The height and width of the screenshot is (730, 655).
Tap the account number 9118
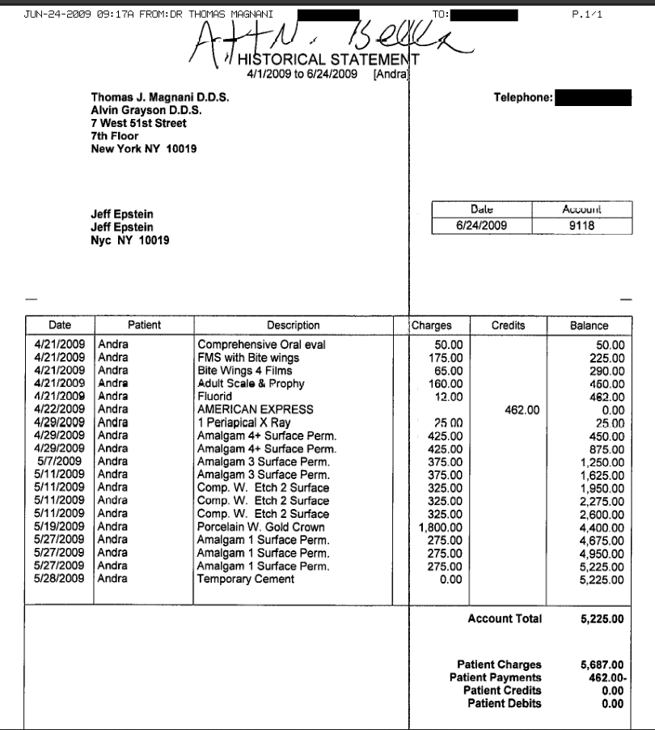click(x=581, y=226)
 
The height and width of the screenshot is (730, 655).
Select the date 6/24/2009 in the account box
click(x=481, y=226)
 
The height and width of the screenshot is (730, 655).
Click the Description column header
click(x=294, y=325)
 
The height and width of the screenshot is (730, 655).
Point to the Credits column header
click(x=508, y=325)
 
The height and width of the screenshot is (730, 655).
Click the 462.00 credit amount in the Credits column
click(x=522, y=410)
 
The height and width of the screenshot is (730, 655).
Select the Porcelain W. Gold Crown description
click(x=261, y=527)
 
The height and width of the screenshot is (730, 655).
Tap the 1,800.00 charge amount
click(x=443, y=527)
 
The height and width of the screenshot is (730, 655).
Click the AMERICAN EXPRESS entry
click(x=255, y=410)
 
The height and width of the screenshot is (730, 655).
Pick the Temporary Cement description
click(x=246, y=579)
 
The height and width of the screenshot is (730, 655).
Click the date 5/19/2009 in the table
click(x=61, y=527)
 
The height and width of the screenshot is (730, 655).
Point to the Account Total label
click(x=505, y=619)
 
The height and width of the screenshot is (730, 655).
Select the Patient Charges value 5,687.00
click(x=602, y=665)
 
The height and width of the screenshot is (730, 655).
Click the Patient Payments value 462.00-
click(x=603, y=678)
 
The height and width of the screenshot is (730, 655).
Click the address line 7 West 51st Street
click(x=138, y=123)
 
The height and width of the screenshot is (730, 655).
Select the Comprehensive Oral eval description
click(x=261, y=345)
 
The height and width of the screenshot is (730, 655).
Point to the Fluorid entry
click(x=215, y=397)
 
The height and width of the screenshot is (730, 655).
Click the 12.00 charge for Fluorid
click(x=449, y=397)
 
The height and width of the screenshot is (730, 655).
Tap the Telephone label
click(x=523, y=98)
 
